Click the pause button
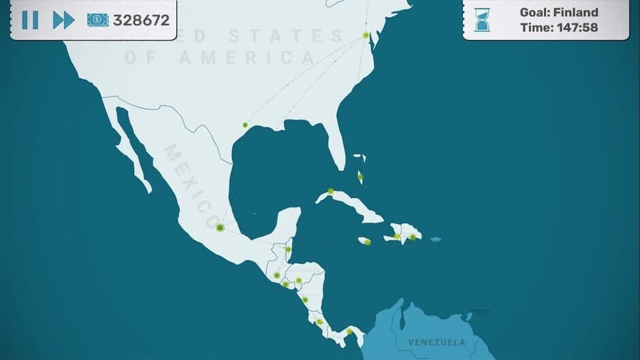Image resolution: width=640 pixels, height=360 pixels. [30, 20]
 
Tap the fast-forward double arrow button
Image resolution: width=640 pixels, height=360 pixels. [63, 20]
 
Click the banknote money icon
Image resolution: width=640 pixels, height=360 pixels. [98, 20]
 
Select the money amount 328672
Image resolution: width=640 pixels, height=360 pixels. [141, 20]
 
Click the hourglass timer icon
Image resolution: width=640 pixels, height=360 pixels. [483, 20]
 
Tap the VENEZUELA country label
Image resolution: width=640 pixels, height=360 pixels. [436, 342]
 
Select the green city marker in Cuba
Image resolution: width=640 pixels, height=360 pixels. [331, 191]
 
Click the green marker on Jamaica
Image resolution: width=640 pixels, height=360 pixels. [368, 242]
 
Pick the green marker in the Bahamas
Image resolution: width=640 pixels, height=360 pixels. [360, 177]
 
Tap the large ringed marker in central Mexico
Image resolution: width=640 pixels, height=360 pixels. [220, 228]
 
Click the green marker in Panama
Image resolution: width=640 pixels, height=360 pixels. [349, 332]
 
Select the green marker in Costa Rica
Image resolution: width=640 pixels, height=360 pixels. [319, 321]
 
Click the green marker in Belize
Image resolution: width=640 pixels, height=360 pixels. [289, 249]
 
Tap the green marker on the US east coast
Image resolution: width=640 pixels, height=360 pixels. [366, 35]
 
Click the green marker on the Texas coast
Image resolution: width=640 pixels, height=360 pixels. [245, 125]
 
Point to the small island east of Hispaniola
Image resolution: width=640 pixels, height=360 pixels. [436, 239]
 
